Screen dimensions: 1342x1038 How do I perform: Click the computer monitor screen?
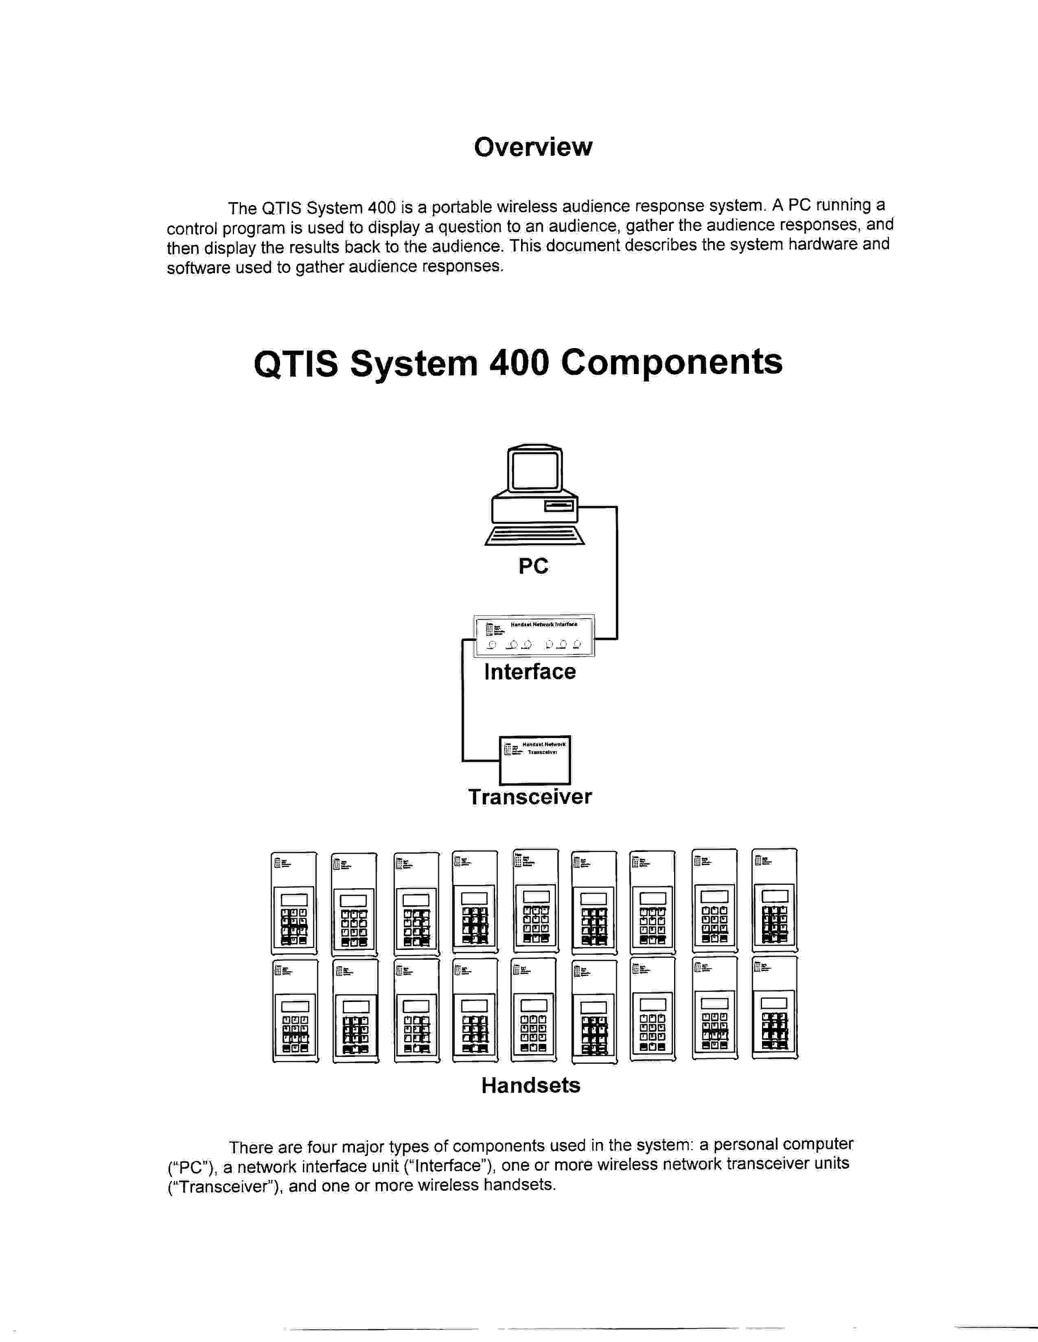click(535, 471)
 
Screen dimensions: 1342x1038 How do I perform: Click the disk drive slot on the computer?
click(559, 506)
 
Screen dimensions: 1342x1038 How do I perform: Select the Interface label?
click(530, 672)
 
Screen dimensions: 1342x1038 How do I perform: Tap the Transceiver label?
click(530, 797)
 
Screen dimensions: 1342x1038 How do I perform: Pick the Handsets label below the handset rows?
click(530, 1085)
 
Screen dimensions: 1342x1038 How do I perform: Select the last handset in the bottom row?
click(775, 1009)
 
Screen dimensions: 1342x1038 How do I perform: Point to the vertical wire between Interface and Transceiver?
click(462, 701)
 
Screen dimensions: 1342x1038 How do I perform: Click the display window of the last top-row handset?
click(775, 896)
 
